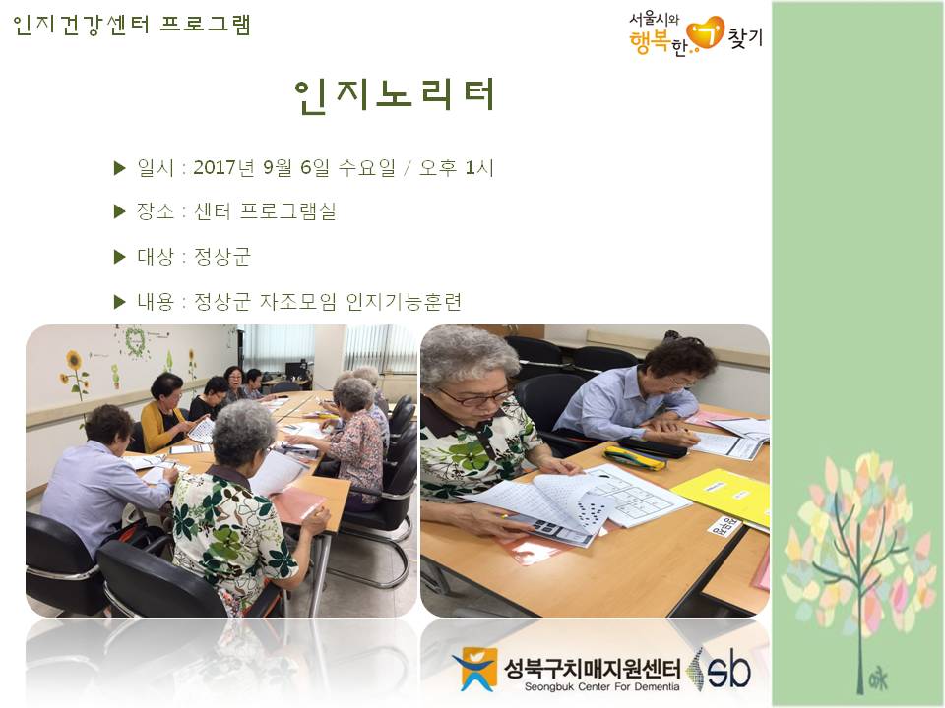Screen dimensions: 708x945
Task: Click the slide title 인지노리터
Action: (396, 95)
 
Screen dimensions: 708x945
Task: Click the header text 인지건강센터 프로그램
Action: (132, 25)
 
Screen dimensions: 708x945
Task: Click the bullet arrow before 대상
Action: (120, 257)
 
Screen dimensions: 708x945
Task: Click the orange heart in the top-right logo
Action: (705, 32)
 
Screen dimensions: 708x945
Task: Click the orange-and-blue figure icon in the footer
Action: (474, 669)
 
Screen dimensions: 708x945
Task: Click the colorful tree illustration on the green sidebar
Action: (854, 551)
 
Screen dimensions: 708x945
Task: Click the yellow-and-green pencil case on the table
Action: (634, 457)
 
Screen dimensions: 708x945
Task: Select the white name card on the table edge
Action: (724, 526)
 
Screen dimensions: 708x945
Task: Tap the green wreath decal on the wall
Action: (133, 341)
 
